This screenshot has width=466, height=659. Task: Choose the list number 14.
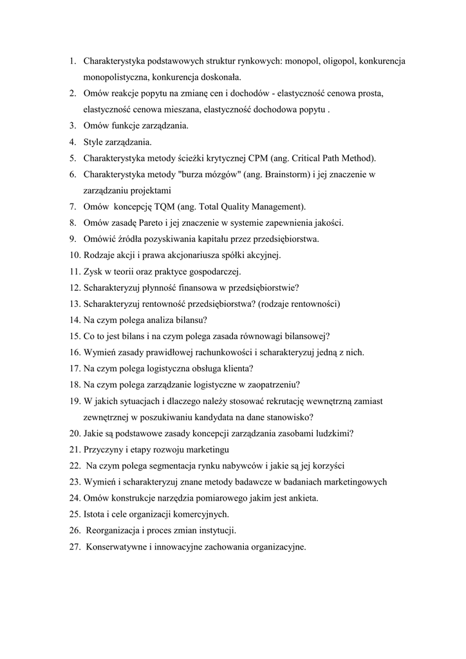coord(74,320)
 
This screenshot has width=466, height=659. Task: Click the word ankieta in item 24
coord(303,497)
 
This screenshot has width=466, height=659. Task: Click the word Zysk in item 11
coord(93,271)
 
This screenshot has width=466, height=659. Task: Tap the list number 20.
coord(74,433)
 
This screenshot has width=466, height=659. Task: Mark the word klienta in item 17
coord(237,368)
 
